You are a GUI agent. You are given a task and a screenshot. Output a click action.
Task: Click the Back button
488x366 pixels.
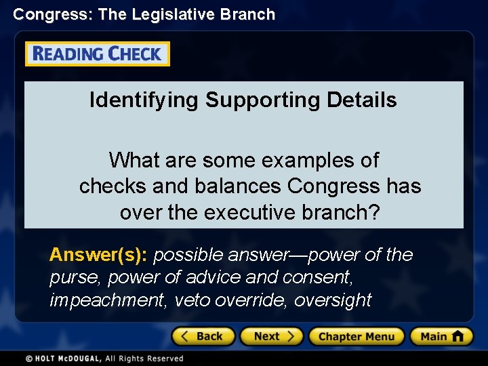(203, 336)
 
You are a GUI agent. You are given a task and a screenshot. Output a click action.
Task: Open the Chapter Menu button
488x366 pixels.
(356, 336)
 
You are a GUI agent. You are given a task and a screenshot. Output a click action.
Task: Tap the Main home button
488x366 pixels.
(441, 336)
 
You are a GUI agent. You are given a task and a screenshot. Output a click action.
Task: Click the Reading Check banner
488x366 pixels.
(97, 54)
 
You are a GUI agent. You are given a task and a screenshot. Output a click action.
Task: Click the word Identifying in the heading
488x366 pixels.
(144, 100)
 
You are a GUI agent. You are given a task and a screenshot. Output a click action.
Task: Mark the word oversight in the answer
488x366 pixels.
(333, 300)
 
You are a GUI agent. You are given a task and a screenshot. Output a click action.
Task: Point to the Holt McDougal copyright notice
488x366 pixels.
(105, 358)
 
